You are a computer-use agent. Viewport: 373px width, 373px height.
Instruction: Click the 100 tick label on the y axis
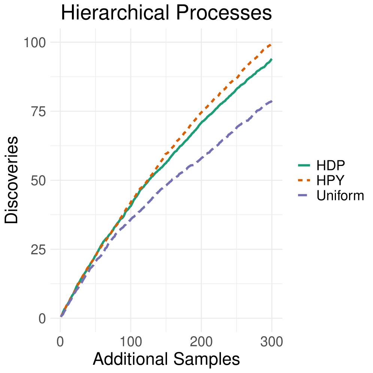35,42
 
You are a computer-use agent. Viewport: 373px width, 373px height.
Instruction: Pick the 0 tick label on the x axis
60,342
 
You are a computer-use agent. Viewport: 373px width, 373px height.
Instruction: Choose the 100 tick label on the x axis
131,342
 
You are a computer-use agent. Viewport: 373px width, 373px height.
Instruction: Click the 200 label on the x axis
201,342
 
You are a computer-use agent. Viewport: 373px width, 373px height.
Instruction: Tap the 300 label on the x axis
272,342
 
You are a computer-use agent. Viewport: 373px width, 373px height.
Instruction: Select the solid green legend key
304,165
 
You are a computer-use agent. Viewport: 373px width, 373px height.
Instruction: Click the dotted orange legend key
304,180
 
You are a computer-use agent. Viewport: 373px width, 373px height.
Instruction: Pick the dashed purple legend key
304,195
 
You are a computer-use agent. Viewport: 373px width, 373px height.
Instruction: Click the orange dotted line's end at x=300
272,44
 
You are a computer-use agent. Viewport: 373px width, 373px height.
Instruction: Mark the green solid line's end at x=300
272,59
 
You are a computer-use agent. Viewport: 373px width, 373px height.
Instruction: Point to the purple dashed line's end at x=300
272,101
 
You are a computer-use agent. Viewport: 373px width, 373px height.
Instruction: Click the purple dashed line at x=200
201,159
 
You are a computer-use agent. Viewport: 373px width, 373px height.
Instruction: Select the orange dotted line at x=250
236,78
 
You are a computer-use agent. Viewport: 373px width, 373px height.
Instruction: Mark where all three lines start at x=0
61,317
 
